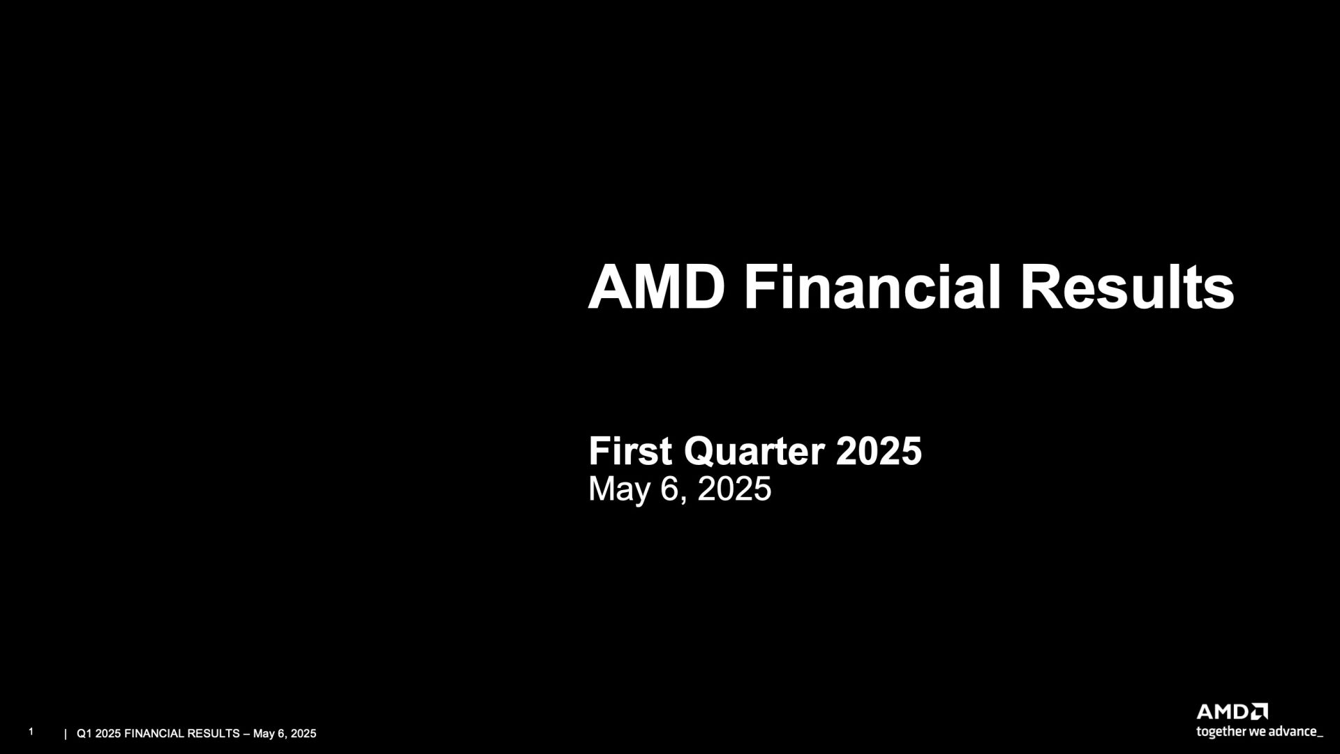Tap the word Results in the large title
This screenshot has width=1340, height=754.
[1127, 287]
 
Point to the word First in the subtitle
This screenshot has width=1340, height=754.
[631, 451]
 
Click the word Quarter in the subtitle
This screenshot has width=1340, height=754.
[754, 452]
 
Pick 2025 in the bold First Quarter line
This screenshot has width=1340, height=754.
[879, 451]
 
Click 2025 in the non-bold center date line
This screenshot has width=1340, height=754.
[734, 489]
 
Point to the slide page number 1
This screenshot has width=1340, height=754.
[31, 732]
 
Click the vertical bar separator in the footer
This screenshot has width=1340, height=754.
[66, 734]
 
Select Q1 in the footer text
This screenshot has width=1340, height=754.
[84, 734]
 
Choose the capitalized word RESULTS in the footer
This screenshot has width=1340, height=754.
[214, 734]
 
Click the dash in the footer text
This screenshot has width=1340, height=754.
[246, 734]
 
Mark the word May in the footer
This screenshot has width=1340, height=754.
[264, 734]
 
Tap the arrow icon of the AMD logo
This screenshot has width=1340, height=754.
[1260, 711]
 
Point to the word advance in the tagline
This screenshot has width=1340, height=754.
[1293, 732]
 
